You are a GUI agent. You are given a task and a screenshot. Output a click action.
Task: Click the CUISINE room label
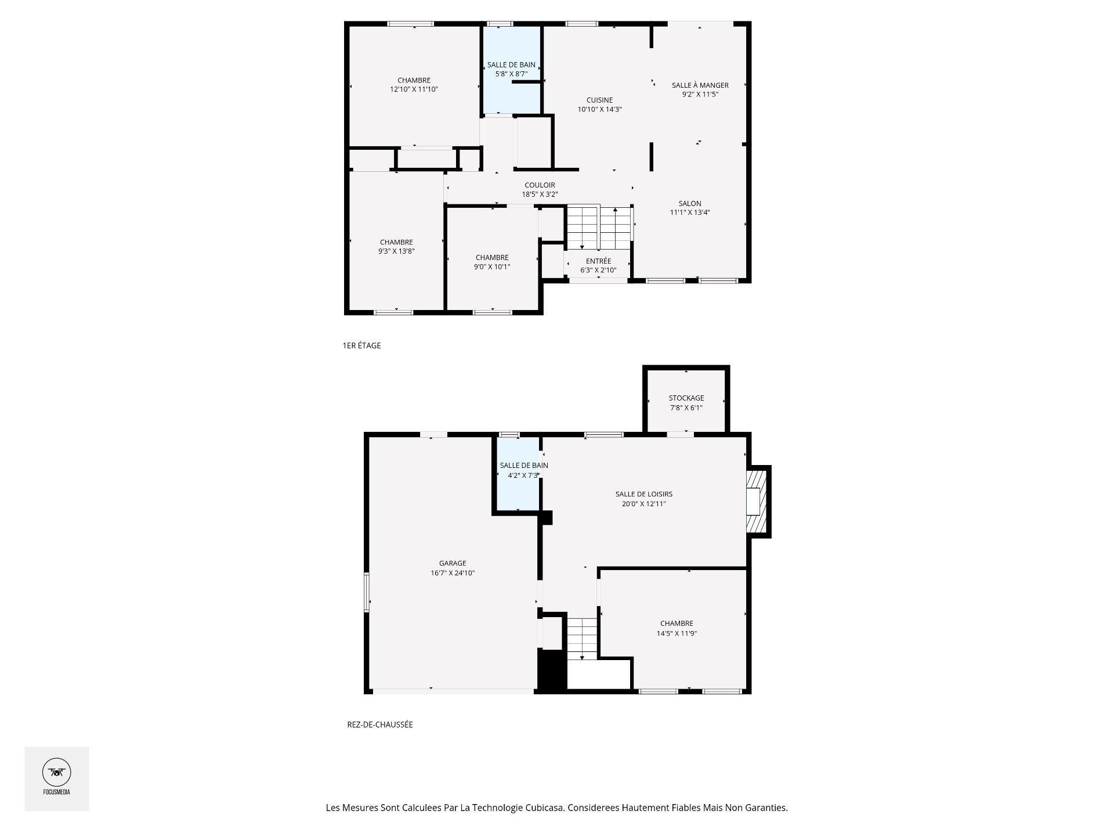[599, 100]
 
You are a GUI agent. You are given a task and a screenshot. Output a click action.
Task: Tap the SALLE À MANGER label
[700, 85]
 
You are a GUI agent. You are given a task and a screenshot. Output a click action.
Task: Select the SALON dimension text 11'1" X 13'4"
[690, 212]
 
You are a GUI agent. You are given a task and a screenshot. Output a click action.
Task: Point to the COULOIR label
[540, 185]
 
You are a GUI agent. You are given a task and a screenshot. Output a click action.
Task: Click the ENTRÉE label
[598, 261]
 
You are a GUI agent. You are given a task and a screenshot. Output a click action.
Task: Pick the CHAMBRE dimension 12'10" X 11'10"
[414, 89]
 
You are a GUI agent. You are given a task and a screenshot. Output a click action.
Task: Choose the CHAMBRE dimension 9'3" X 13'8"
[396, 251]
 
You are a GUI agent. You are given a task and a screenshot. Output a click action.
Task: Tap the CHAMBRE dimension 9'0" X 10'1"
[492, 267]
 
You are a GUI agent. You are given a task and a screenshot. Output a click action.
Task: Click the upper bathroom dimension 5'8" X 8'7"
[511, 74]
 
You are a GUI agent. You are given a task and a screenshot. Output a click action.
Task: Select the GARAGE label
[453, 563]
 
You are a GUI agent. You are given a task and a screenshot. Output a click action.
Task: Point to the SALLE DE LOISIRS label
[644, 494]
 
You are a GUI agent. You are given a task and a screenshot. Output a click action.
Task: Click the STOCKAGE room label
[686, 398]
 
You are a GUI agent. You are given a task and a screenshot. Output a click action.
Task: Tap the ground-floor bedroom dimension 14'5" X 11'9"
[677, 633]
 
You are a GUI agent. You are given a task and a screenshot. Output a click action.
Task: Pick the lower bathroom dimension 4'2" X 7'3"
[520, 475]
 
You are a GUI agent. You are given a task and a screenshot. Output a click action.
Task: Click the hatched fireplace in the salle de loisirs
[757, 501]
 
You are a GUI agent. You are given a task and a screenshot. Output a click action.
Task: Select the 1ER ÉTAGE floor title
[361, 345]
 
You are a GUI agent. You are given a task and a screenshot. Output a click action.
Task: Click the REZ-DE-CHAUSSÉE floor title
[380, 725]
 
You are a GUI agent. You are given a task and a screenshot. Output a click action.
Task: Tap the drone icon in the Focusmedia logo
[57, 772]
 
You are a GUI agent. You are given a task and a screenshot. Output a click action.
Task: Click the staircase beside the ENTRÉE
[599, 227]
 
